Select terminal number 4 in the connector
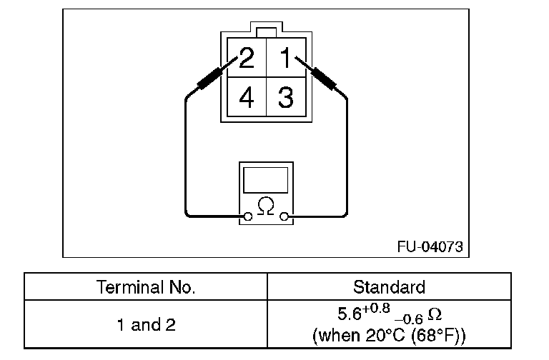coord(246,97)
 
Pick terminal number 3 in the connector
coord(286,97)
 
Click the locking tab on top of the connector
coord(266,31)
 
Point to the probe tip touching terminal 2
coord(227,65)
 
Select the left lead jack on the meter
coord(247,216)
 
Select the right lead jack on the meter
coord(285,216)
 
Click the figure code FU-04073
coord(430,247)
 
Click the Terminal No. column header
coord(145,287)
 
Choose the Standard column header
coord(389,287)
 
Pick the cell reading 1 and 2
coord(145,325)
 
